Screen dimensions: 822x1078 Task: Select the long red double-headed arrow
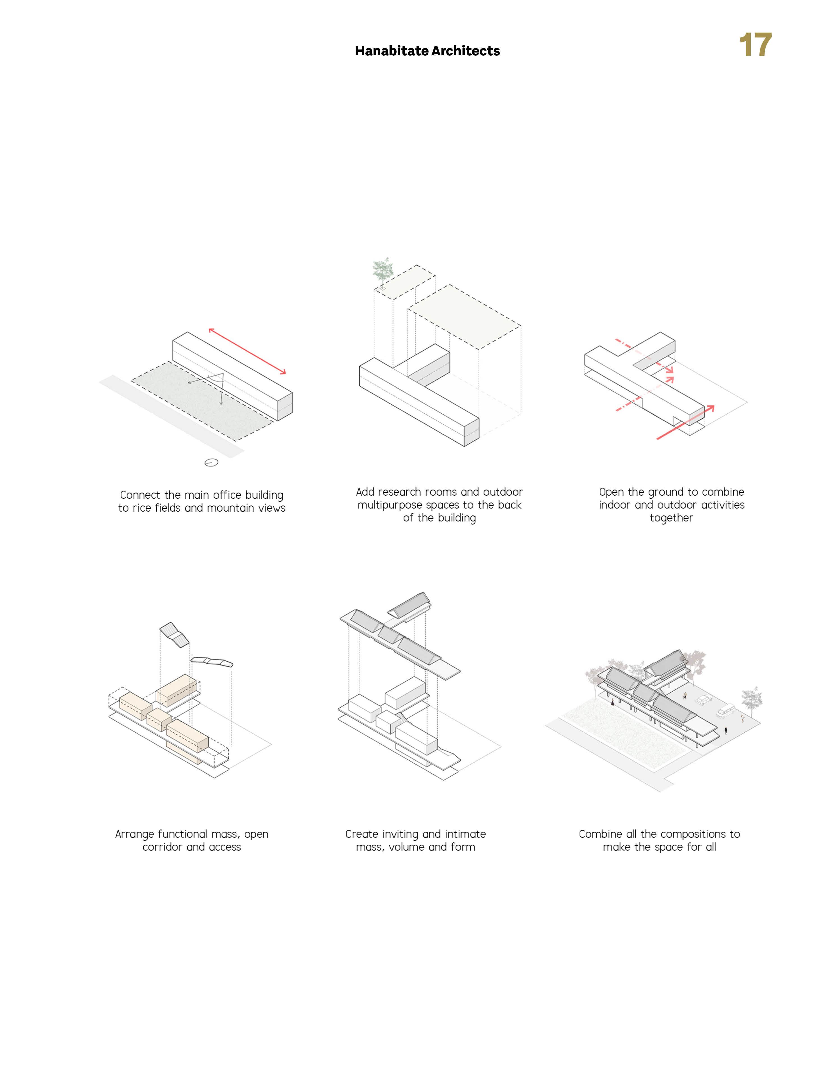point(247,350)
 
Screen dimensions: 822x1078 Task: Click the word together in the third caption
point(671,518)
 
